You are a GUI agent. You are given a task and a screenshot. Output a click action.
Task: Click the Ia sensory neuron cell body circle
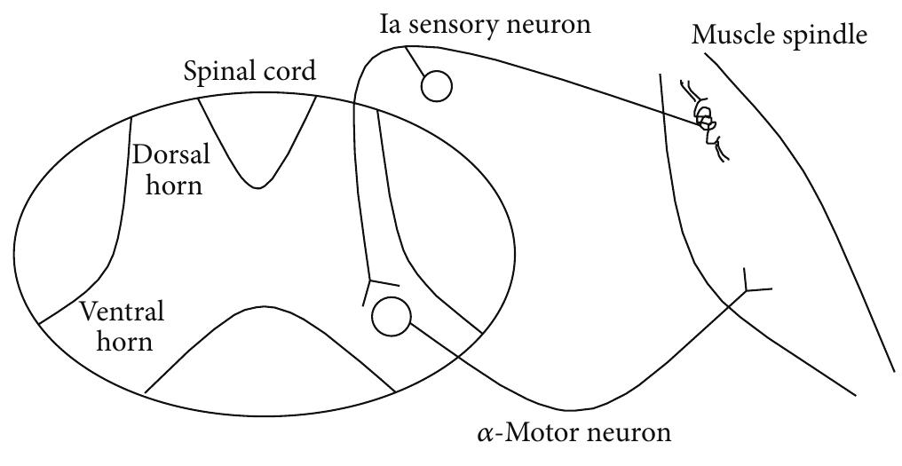[436, 86]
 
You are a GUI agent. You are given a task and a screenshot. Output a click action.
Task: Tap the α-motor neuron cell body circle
[392, 316]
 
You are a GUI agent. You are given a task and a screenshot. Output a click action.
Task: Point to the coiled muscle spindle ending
[704, 121]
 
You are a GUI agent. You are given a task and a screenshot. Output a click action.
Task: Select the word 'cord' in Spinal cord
[288, 70]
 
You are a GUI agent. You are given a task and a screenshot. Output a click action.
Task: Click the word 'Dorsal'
[170, 154]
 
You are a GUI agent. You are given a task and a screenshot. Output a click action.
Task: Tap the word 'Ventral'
[122, 312]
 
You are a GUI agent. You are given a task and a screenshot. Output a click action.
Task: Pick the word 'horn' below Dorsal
[174, 185]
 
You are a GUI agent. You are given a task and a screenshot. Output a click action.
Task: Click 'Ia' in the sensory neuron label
[391, 25]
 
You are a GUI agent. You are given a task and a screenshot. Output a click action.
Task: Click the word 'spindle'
[821, 36]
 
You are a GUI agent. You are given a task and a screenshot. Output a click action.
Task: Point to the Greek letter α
[485, 434]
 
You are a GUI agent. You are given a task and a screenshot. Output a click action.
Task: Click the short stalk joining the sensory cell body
[415, 61]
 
